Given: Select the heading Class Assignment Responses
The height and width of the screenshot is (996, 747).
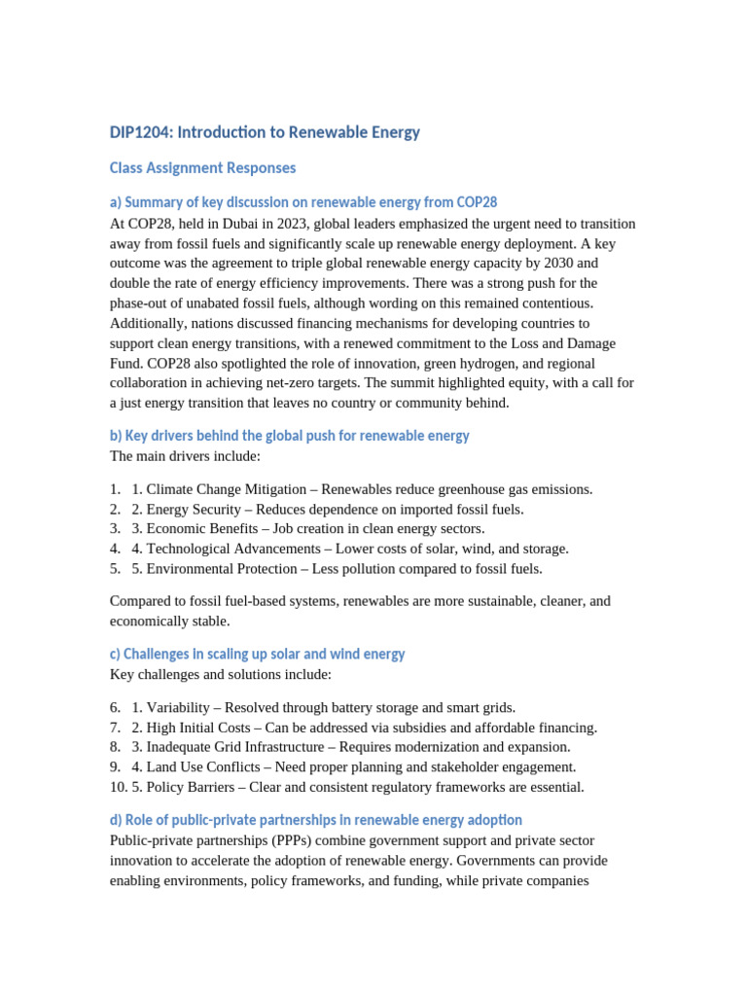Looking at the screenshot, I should [202, 168].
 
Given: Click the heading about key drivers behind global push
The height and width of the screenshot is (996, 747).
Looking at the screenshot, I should [289, 436].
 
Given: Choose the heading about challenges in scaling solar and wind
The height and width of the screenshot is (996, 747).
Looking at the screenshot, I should [257, 655].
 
